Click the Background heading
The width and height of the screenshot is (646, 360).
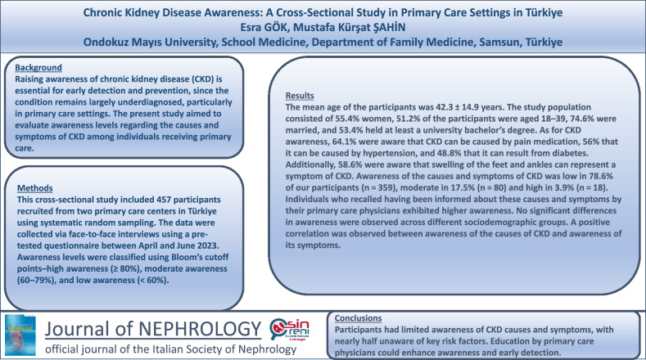(x=38, y=68)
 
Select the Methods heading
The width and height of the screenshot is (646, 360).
(x=35, y=188)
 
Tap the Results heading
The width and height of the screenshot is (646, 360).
(x=300, y=96)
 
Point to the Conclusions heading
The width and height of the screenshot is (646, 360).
(x=358, y=318)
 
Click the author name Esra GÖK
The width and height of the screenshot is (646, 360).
(x=261, y=27)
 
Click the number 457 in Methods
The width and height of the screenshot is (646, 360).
(x=164, y=200)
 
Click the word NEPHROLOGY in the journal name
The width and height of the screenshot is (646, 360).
(x=200, y=329)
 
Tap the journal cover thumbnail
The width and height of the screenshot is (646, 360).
(x=20, y=335)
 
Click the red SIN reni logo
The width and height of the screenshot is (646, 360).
(x=290, y=330)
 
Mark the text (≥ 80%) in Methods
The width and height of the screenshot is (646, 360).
(x=125, y=269)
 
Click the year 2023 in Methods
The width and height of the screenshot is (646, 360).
(x=207, y=246)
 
